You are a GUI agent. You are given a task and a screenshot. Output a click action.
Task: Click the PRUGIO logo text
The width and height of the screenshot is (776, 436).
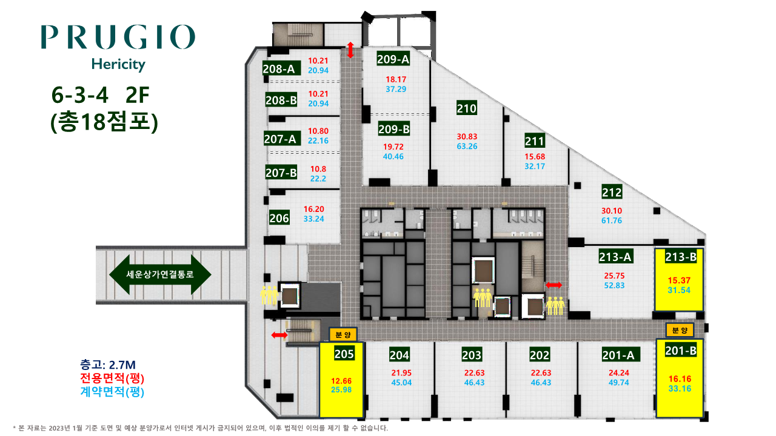(x=118, y=37)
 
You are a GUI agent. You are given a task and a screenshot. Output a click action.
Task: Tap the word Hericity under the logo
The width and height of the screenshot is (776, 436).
(x=118, y=65)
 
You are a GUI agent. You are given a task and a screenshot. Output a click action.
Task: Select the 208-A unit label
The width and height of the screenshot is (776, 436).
(x=279, y=69)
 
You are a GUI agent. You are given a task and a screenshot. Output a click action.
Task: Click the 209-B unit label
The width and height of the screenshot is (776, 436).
(x=394, y=129)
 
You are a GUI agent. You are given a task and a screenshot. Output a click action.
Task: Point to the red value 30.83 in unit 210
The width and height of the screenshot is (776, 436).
(x=467, y=137)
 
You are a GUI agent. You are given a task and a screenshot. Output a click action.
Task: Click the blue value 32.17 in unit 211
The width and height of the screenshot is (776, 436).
(x=535, y=167)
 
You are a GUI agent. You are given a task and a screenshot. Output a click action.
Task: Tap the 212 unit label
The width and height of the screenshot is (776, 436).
(x=612, y=193)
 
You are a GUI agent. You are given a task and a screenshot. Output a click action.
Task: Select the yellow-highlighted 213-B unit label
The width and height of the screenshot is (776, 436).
(x=681, y=257)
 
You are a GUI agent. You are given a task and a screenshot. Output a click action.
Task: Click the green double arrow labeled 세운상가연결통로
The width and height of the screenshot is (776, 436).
(x=160, y=275)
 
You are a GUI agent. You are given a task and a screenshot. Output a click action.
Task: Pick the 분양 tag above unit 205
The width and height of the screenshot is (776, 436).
(x=343, y=335)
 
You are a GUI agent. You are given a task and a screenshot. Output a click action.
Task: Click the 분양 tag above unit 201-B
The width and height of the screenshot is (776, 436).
(x=680, y=330)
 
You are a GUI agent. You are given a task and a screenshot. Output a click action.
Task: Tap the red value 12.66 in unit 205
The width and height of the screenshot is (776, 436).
(x=341, y=381)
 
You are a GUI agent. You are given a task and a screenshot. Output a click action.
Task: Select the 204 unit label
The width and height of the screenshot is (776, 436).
(x=400, y=355)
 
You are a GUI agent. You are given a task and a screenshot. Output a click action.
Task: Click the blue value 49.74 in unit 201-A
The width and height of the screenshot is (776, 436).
(x=619, y=383)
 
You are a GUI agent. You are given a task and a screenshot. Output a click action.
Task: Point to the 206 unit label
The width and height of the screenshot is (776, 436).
(x=279, y=218)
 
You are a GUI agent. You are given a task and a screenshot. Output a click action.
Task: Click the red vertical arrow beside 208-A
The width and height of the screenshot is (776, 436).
(x=350, y=50)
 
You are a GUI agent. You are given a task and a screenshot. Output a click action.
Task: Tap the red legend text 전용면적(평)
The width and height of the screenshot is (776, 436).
(x=112, y=378)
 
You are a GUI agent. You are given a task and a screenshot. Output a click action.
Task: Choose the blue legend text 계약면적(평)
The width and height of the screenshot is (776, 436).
(x=112, y=392)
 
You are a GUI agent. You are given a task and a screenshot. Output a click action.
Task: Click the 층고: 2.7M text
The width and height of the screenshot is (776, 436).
(x=108, y=365)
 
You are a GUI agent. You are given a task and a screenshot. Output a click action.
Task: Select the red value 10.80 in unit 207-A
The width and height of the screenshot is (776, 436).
(x=318, y=131)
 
